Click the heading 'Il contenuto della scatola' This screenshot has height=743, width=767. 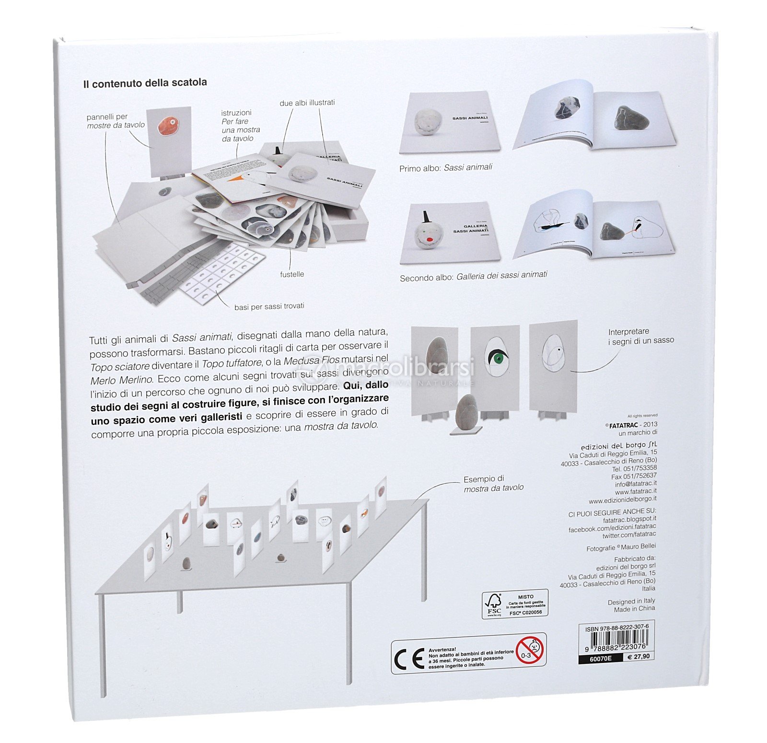click(145, 83)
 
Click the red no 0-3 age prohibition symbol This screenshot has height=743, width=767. click(529, 650)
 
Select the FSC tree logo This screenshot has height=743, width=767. click(493, 604)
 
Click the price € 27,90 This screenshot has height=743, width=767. click(639, 657)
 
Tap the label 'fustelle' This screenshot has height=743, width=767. click(292, 274)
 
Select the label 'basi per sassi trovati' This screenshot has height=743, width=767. click(269, 306)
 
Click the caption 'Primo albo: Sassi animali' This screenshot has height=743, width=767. click(445, 168)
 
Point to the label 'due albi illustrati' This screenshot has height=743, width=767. click(307, 103)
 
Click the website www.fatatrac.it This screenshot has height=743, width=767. click(636, 491)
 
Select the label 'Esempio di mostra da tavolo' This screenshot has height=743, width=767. click(493, 483)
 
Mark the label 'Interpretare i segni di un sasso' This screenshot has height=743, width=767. click(640, 336)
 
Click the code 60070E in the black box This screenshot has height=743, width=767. click(600, 659)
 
